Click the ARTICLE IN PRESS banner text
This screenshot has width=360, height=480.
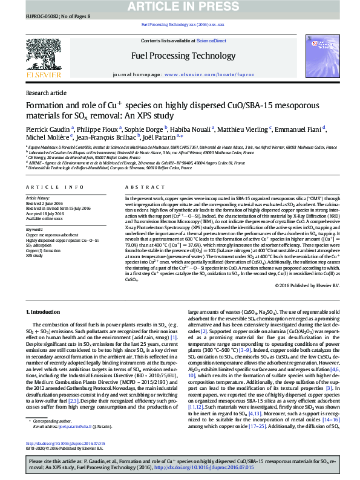pos(180,7)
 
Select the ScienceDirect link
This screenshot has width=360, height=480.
pos(211,41)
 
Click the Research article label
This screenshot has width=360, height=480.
pos(46,93)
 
